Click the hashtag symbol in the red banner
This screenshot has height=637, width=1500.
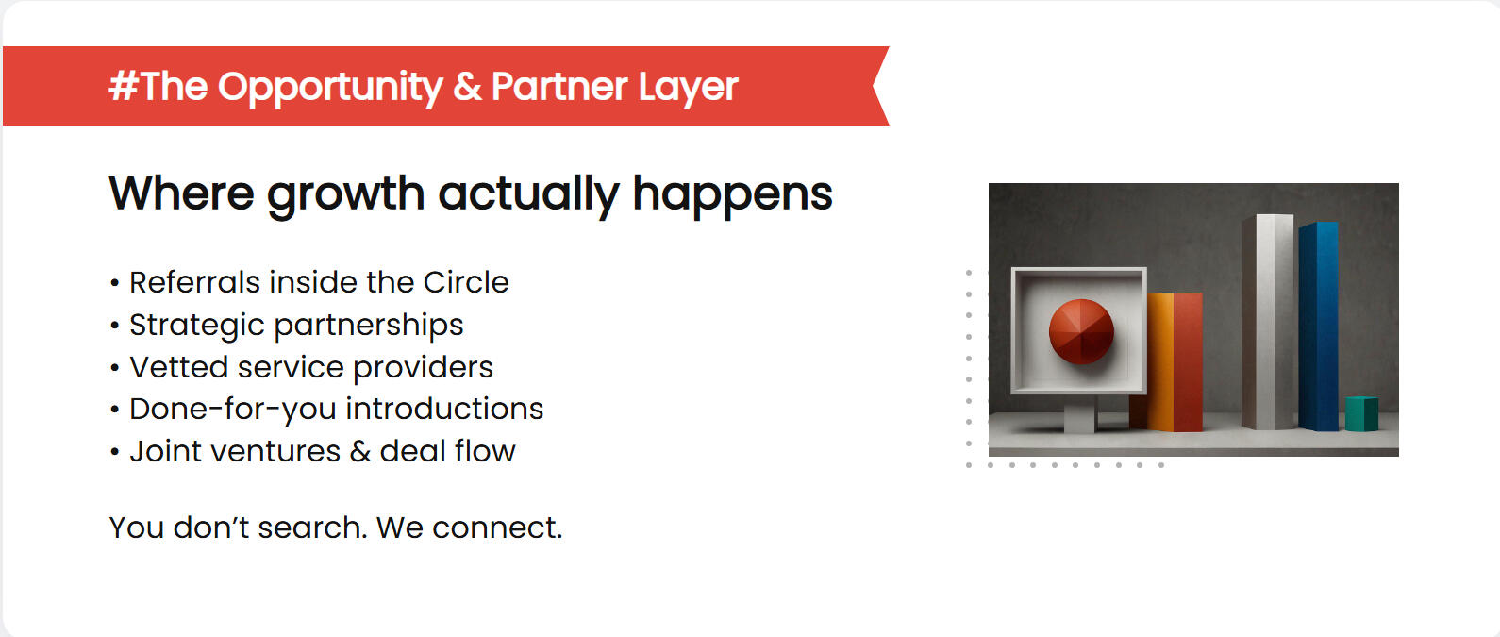coord(124,86)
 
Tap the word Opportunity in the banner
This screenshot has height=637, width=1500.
coord(330,88)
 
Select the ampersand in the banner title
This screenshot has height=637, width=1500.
coord(467,87)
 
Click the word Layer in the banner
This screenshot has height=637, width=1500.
coord(688,88)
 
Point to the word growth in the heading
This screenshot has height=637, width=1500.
coord(345,195)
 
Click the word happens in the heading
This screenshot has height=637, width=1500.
coord(733,195)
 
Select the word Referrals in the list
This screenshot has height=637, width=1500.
coord(194,282)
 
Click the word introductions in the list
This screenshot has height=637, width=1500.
coord(444,409)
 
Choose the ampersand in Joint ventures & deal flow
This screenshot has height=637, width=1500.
coord(360,451)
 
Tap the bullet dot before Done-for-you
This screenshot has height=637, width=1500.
coord(114,410)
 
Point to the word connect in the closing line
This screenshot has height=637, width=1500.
coord(497,528)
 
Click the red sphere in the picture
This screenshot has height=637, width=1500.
coord(1081,331)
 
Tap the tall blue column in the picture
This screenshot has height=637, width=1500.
coord(1319,327)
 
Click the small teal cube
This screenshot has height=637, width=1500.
coord(1361,414)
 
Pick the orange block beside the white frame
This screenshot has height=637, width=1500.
coord(1160,361)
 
